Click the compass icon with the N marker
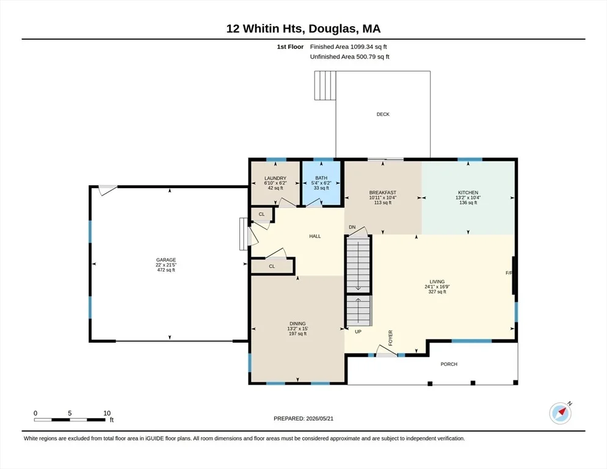560,413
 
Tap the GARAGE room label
166,260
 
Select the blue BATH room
321,183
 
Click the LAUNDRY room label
275,178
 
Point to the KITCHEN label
468,192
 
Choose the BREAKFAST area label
382,192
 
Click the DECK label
383,114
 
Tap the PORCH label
449,364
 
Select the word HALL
314,236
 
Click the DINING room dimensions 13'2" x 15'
297,329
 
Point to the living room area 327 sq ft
437,292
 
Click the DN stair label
352,227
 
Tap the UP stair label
358,332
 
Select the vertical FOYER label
390,338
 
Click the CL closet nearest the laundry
262,214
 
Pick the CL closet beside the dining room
272,266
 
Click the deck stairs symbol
325,85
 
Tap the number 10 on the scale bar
107,413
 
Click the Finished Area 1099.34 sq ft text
349,47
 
